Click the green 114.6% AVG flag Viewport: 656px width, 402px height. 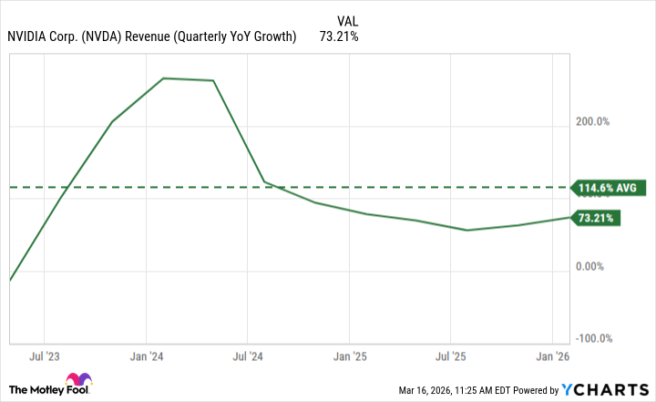pos(608,189)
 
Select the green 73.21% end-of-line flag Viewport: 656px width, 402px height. pos(596,219)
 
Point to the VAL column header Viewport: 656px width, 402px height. pos(347,19)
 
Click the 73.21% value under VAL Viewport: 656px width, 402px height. pos(338,37)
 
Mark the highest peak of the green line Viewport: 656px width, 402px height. pos(163,78)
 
